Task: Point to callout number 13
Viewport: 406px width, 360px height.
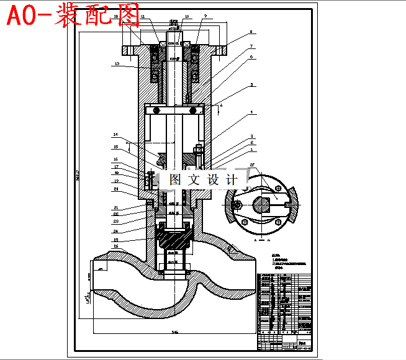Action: pyautogui.click(x=115, y=63)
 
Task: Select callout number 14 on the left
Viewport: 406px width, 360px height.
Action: pyautogui.click(x=115, y=135)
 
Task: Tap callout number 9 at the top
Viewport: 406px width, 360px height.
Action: pyautogui.click(x=205, y=16)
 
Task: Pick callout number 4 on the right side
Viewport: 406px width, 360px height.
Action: pyautogui.click(x=251, y=113)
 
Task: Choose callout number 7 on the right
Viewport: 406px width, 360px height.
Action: pyautogui.click(x=251, y=47)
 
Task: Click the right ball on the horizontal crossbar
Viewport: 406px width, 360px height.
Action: pyautogui.click(x=194, y=110)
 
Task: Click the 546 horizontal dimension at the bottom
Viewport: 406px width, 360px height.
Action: pyautogui.click(x=175, y=333)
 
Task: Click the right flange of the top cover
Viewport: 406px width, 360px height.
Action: pyautogui.click(x=221, y=48)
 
